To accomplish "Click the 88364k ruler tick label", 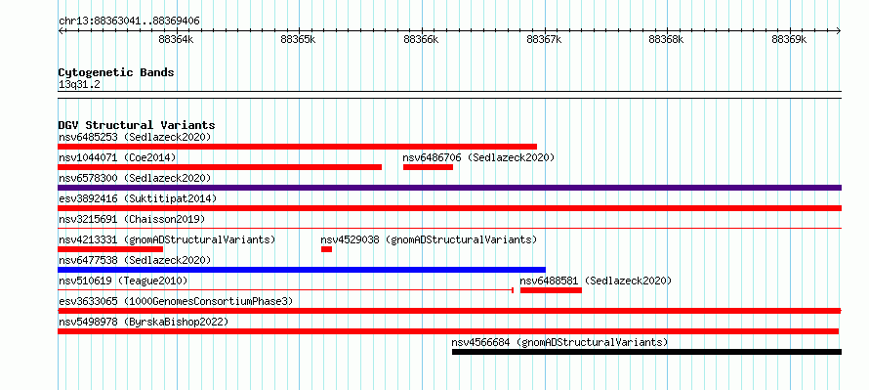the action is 176,39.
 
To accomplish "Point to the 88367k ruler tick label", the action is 544,39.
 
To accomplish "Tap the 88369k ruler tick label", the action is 789,39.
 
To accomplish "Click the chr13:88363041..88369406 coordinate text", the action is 129,22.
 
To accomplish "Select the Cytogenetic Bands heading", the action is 116,72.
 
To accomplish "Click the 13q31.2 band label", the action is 79,85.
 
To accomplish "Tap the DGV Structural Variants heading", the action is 137,125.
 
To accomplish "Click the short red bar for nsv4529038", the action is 326,249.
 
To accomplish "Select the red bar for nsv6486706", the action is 428,167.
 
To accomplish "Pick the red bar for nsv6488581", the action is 551,290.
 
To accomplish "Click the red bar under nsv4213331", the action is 110,249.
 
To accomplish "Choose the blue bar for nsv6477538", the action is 302,270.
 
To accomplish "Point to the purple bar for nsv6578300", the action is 449,188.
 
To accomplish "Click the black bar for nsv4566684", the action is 646,352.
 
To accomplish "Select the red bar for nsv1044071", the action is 220,167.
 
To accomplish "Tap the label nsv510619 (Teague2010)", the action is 123,281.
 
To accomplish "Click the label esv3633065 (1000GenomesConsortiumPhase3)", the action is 176,301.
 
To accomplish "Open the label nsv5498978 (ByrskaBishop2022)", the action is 144,322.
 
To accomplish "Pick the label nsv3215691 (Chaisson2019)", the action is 132,219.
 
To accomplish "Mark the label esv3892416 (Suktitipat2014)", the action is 138,198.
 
